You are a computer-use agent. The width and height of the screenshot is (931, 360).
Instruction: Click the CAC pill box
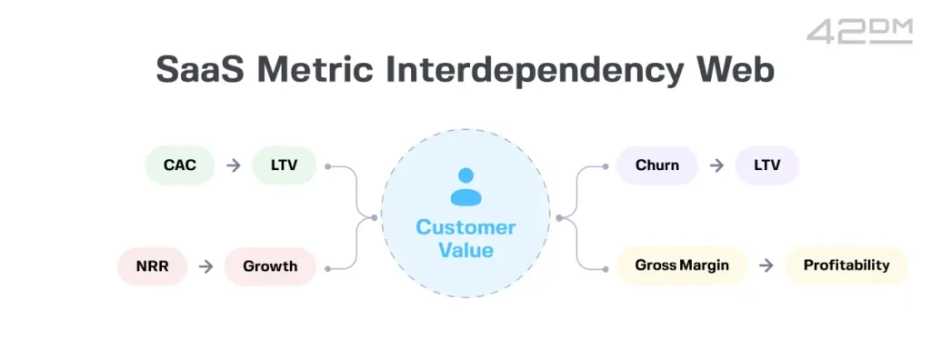(180, 165)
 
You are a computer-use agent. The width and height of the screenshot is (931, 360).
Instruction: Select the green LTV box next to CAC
(284, 165)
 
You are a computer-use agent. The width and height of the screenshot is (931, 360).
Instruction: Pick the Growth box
(270, 266)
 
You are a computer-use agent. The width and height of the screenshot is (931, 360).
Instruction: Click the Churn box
(656, 165)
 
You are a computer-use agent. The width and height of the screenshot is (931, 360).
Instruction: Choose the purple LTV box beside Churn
(766, 165)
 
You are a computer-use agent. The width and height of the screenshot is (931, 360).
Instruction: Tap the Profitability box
(846, 265)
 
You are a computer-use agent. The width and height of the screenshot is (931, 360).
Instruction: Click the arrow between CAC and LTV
(234, 165)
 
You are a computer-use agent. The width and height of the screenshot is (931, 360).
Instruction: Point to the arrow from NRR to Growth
(206, 266)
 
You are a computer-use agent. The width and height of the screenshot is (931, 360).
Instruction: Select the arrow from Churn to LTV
(716, 165)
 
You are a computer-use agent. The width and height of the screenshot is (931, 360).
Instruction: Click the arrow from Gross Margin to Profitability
(766, 265)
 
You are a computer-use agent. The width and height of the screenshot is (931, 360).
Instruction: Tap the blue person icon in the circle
(465, 185)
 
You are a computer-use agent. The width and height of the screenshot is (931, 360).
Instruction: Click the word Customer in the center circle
(465, 227)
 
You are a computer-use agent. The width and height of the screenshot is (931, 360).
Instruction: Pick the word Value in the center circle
(465, 249)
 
